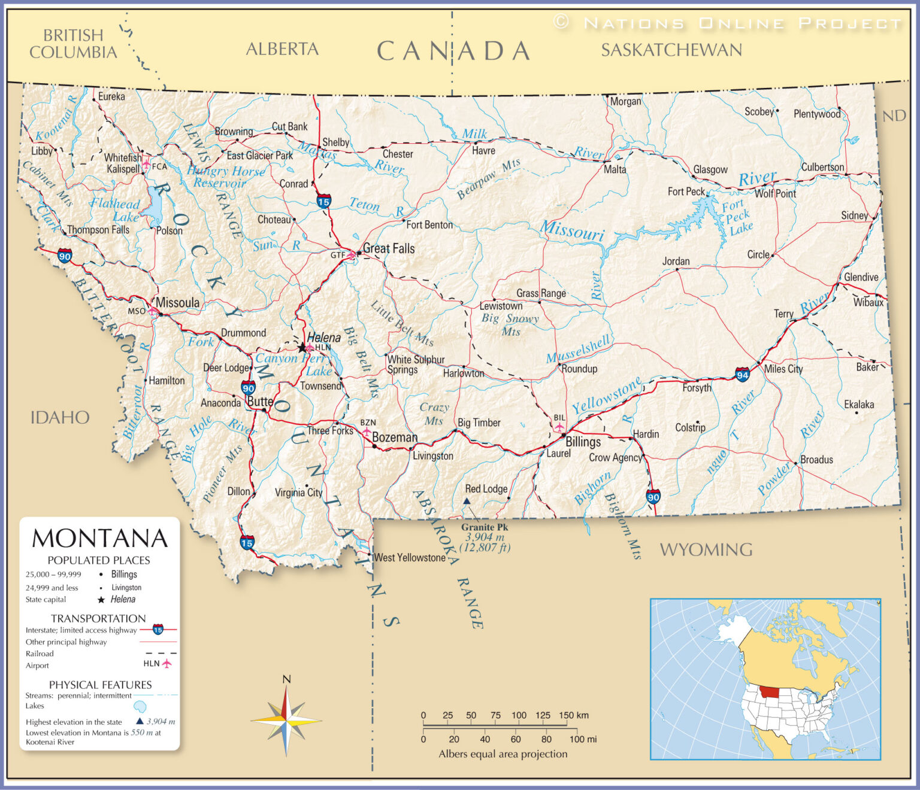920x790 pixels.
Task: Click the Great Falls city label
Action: coord(389,248)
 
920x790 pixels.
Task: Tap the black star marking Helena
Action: coord(301,348)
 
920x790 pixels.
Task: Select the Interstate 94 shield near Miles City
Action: coord(742,375)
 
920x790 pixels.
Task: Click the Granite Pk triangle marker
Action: coord(467,501)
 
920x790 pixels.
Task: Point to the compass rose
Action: coord(286,721)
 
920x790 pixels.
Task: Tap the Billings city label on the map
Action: coord(583,442)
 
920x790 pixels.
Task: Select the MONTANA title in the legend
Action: coord(99,539)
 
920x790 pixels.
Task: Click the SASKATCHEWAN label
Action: coord(671,50)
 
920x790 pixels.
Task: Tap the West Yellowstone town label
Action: coord(410,558)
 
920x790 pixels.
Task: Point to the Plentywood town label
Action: coord(816,114)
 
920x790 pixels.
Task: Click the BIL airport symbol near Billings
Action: coord(559,427)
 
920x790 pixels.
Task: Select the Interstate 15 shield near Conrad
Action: coord(323,201)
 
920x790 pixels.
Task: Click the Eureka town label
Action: coord(111,96)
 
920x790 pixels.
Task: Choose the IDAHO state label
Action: coord(60,417)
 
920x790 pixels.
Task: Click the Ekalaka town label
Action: coord(858,405)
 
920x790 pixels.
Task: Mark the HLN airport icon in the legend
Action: coord(167,664)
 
